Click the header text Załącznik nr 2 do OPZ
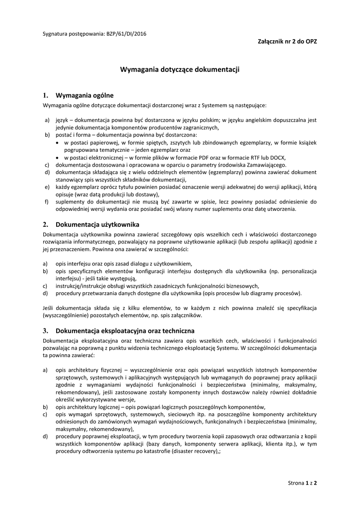coord(284,42)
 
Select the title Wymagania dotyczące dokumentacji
coord(180,70)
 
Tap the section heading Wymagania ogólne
coord(84,95)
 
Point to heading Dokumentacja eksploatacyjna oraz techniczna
coord(125,331)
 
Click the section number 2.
coord(45,225)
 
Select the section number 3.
coord(45,331)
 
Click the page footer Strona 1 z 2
coord(302,483)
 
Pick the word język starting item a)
coord(61,120)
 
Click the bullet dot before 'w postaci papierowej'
coord(58,142)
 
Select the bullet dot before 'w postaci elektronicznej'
coord(58,157)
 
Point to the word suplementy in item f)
coord(70,202)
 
